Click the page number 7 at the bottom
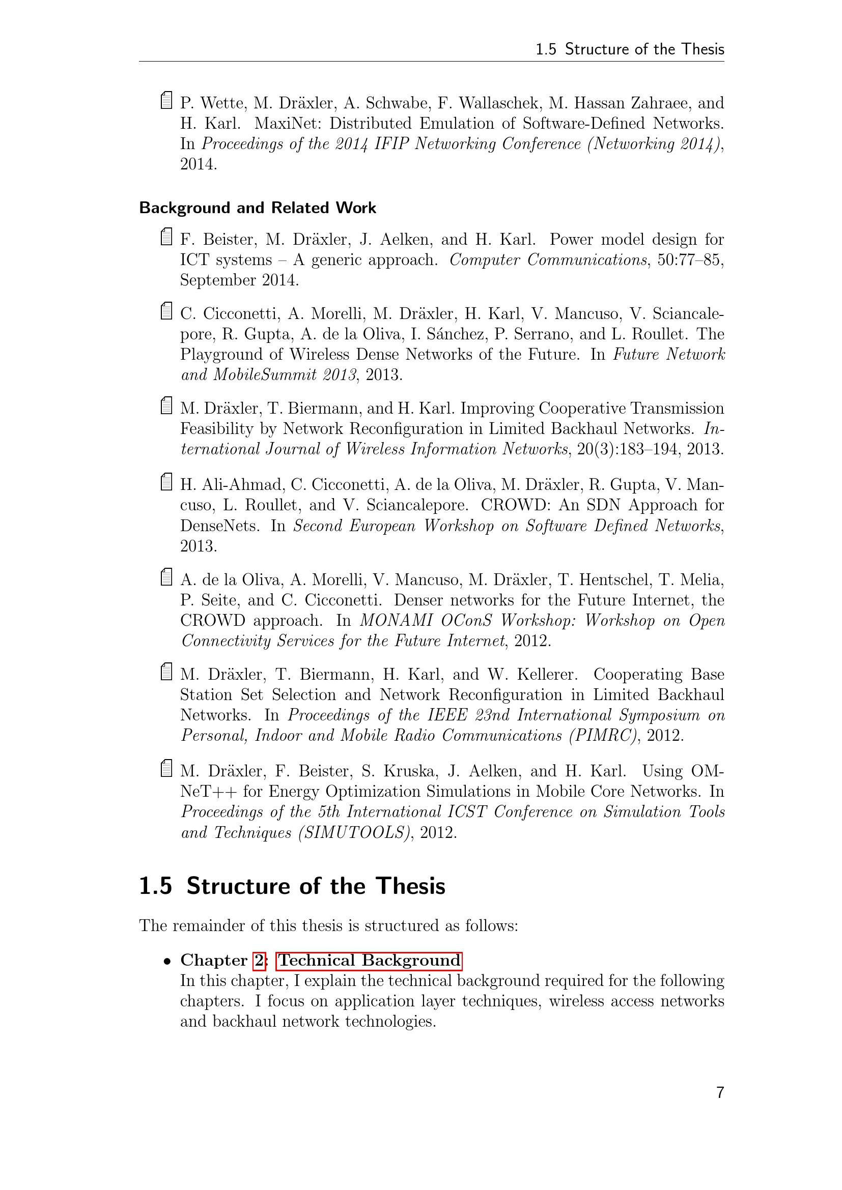coord(720,1092)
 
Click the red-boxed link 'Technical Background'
coord(369,960)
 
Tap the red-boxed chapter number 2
coord(259,961)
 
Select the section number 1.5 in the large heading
coord(156,886)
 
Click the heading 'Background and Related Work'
coord(257,208)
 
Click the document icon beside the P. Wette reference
coord(166,101)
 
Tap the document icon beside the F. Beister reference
coord(166,237)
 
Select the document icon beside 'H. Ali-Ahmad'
coord(166,482)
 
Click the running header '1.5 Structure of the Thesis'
coord(629,49)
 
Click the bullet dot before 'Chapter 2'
coord(166,962)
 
